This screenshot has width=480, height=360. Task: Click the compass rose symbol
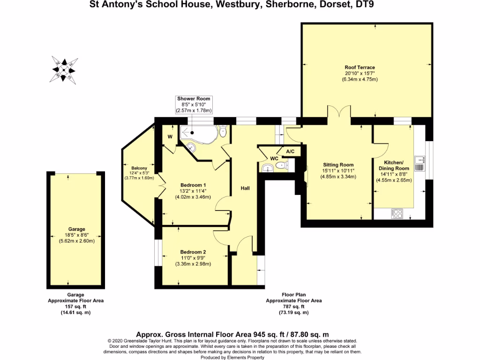point(65,68)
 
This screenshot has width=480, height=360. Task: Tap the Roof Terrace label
point(360,67)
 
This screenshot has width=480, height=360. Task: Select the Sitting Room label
point(338,165)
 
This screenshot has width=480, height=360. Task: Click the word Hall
point(245,188)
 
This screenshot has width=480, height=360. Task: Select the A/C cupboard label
point(290,151)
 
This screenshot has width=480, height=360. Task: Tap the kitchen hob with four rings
point(397,213)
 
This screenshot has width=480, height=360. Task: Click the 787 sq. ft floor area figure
point(294,307)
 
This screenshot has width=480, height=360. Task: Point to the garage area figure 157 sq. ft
point(75,307)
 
